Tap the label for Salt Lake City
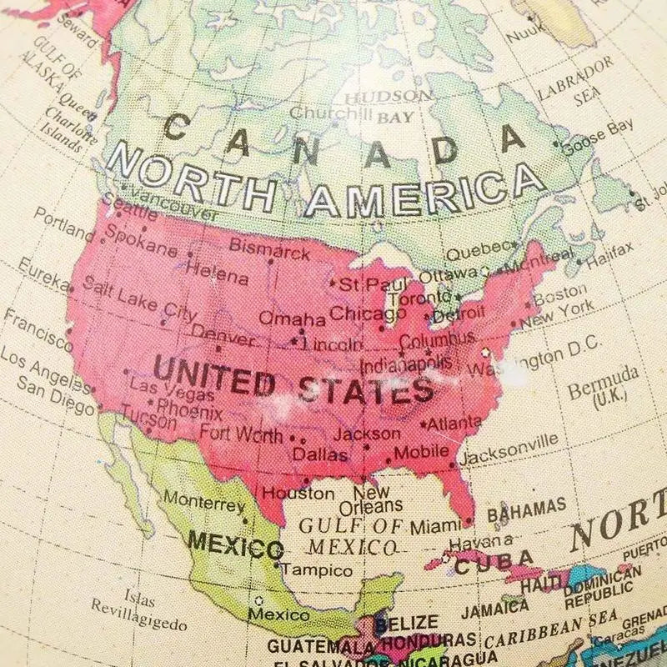pos(139,299)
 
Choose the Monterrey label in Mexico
pos(203,502)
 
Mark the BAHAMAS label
pos(526,509)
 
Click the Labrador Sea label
pos(575,82)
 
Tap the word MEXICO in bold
pos(235,545)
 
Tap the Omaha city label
pos(292,318)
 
